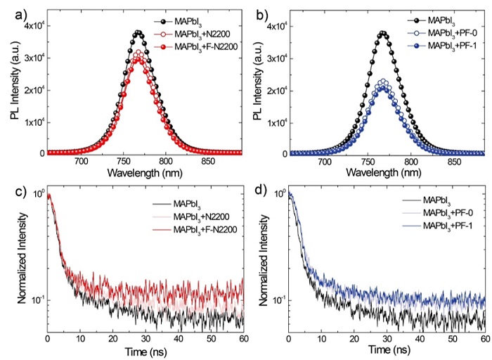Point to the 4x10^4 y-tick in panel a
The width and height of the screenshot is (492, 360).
point(31,27)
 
